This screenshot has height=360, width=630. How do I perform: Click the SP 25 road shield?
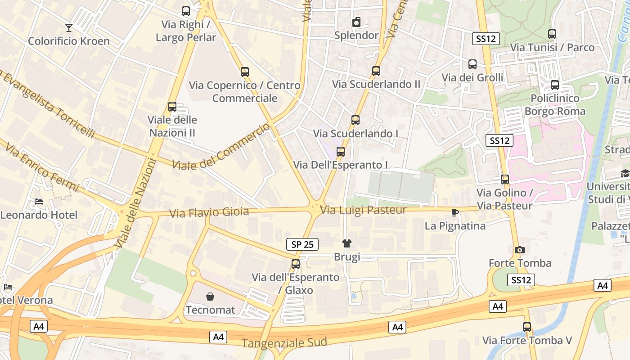302,244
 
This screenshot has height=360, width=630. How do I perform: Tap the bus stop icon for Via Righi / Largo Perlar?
185,11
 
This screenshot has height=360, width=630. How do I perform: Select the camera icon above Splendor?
356,22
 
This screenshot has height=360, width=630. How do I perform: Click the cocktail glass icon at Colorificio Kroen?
68,28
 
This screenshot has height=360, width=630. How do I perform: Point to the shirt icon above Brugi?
346,244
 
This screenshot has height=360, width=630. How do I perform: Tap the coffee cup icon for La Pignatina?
455,212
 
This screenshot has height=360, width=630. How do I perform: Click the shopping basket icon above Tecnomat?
210,297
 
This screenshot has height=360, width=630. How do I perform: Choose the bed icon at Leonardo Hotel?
39,202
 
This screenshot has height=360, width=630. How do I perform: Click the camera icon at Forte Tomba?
519,250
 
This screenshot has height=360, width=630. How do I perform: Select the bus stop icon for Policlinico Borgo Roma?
555,85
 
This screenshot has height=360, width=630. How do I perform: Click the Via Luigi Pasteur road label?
364,210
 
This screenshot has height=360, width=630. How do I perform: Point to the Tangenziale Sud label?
284,342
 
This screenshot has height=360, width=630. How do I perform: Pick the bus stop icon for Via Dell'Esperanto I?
341,152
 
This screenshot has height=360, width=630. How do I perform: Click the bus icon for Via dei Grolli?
472,64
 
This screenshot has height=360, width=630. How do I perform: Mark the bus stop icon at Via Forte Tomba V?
527,327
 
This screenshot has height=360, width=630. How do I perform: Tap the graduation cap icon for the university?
625,174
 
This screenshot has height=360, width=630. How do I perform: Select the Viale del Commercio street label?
222,146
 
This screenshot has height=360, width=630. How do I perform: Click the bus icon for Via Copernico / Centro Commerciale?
245,72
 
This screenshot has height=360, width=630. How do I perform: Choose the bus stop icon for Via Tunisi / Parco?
552,34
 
